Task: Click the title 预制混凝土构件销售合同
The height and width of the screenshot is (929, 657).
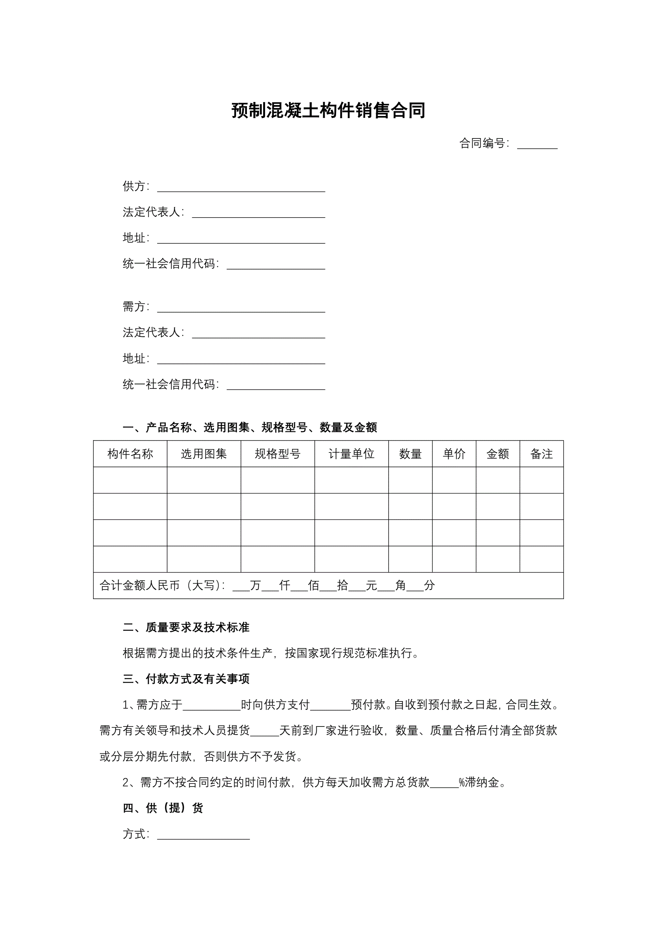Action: point(328,110)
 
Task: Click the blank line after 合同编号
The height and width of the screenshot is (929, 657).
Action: point(537,145)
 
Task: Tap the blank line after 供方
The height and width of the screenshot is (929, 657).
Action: point(241,188)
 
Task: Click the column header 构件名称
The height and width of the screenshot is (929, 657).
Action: point(130,454)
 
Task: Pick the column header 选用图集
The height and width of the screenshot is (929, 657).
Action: point(204,454)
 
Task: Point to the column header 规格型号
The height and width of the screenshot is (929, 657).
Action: point(278,454)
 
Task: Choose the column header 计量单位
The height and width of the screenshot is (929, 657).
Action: point(351,454)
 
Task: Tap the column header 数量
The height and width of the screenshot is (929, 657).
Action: point(410,454)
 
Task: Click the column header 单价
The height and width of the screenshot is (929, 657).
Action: point(454,454)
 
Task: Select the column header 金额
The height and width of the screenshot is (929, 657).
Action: point(498,454)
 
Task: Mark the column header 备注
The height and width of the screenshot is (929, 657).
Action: point(541,454)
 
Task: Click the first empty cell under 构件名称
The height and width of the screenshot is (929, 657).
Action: point(130,480)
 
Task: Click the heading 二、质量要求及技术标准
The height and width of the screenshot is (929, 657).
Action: point(186,627)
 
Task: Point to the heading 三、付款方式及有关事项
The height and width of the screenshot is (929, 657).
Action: point(186,679)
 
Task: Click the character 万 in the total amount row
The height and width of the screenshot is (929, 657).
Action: point(255,585)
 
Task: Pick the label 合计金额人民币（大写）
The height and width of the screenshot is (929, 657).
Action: point(162,585)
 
